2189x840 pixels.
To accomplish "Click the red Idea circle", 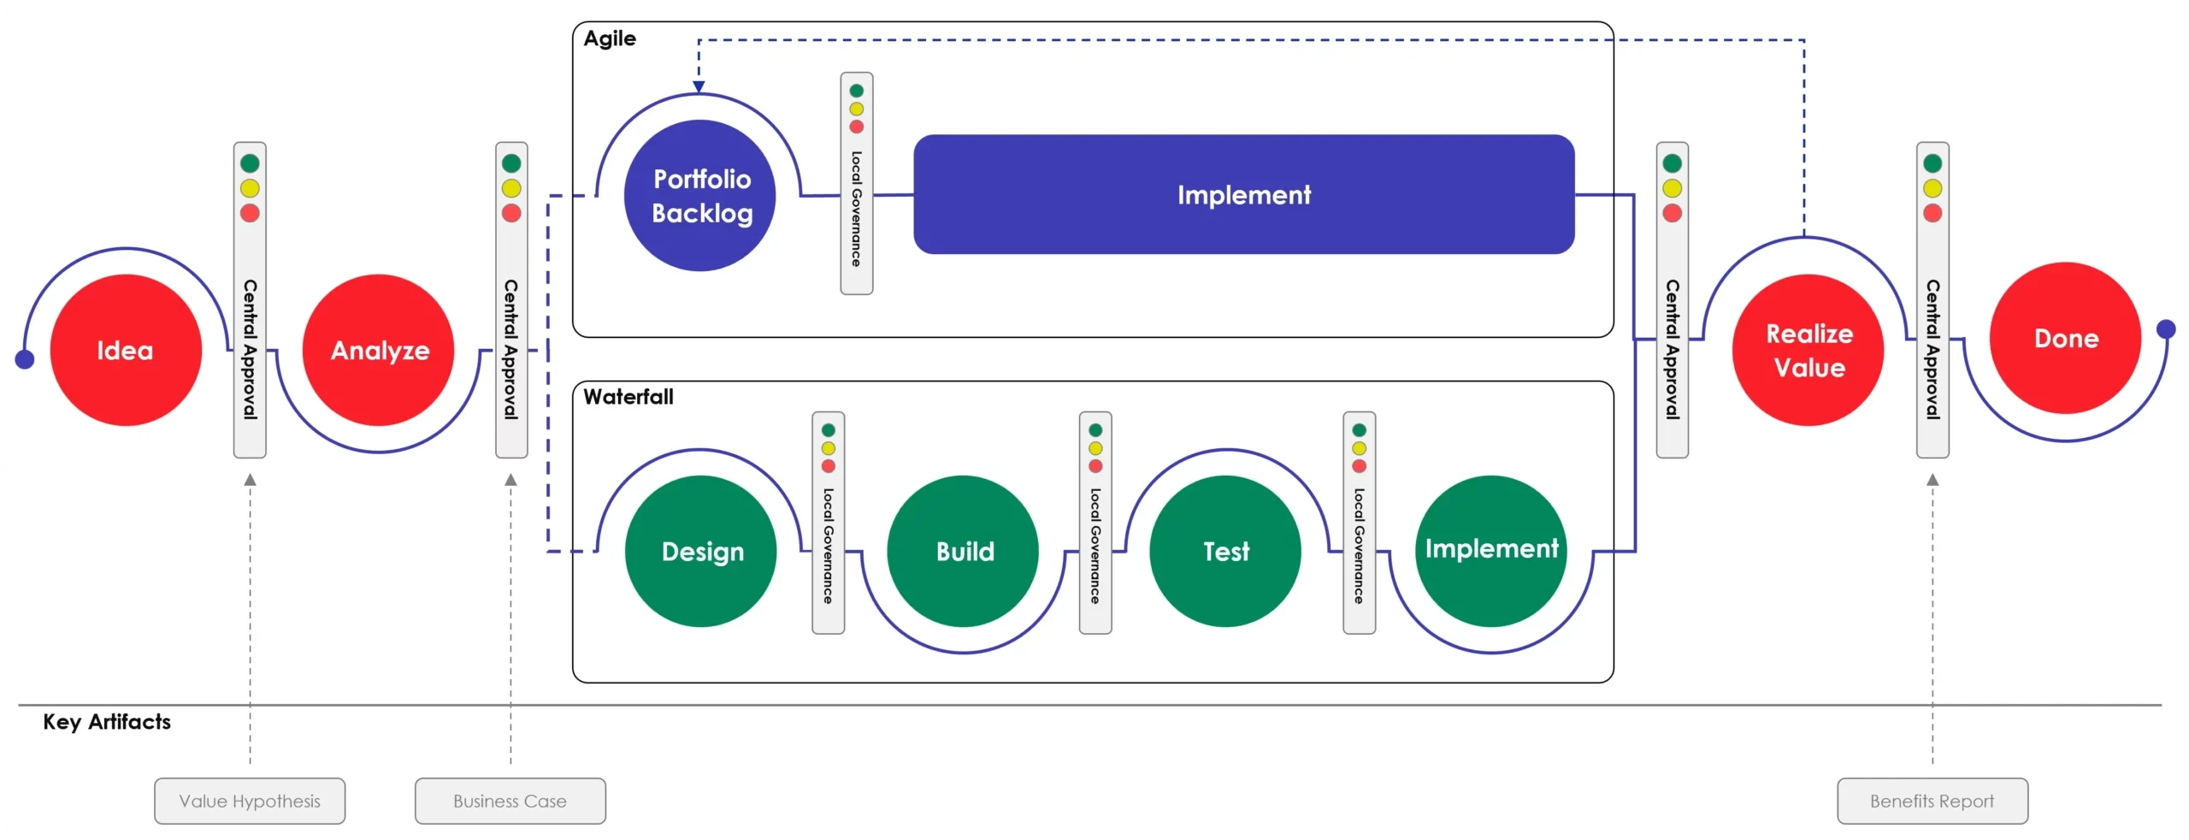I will pos(126,350).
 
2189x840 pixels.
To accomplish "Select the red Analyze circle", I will pos(379,350).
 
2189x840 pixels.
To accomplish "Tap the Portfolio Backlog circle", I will pos(701,196).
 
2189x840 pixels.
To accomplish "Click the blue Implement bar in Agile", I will pos(1244,194).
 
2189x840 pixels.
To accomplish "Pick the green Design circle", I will pos(701,552).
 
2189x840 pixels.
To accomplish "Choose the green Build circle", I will pos(964,552).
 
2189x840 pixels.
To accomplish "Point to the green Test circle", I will pos(1225,552).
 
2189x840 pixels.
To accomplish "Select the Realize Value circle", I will pos(1808,350).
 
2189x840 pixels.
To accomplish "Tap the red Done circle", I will pos(2066,338).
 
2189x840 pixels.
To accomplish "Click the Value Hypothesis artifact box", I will pos(250,802).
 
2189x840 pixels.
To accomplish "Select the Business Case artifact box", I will pos(510,802).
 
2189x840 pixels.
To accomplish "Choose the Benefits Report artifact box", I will pos(1932,802).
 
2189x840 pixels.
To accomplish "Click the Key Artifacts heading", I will pos(107,722).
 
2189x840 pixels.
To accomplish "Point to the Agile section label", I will pos(610,38).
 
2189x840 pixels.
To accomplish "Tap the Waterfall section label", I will pos(628,397).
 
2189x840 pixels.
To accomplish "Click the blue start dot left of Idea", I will pos(25,359).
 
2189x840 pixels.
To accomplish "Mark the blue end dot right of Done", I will pos(2166,328).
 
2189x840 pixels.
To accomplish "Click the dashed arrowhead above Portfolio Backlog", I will pos(699,86).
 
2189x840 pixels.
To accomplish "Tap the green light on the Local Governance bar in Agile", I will pos(856,91).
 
